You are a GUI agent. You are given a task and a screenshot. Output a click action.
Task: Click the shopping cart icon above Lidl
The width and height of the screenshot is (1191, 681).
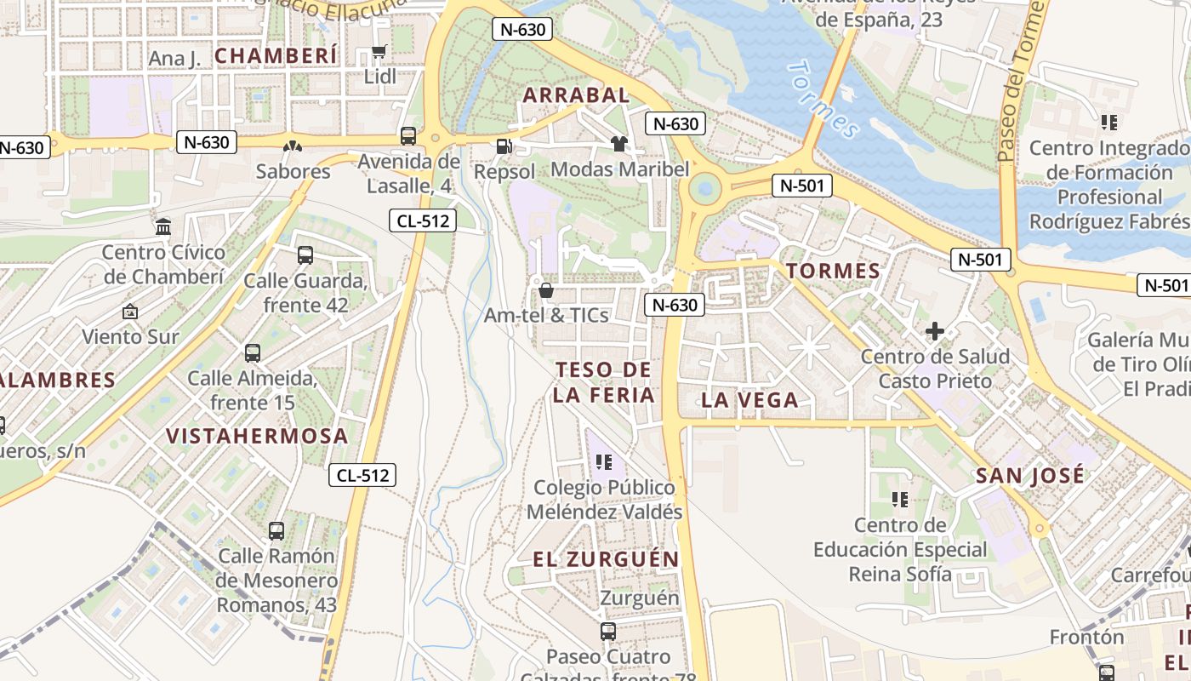click(379, 53)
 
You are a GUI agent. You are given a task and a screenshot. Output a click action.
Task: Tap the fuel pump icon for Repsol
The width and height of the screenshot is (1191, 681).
click(504, 146)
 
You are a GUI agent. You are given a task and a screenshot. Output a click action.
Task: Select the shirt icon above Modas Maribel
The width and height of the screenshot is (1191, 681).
click(618, 144)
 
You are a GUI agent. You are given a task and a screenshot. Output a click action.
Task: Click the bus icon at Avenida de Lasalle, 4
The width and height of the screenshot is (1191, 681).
click(408, 136)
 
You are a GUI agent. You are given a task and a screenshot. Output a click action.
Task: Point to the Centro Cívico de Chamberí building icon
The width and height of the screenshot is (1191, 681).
click(163, 227)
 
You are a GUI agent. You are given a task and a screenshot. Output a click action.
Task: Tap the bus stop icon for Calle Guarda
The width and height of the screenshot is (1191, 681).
click(305, 255)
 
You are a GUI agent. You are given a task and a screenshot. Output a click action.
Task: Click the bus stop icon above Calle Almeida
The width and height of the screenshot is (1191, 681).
click(252, 352)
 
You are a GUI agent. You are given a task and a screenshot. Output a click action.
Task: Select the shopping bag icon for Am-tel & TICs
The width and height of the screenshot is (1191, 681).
click(545, 290)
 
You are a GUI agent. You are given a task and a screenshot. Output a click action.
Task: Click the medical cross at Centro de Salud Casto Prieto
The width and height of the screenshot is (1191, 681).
click(935, 330)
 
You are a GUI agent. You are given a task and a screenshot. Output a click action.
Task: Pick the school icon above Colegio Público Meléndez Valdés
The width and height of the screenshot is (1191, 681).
click(604, 462)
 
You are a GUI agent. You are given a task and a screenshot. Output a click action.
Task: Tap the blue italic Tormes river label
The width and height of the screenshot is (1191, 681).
click(823, 99)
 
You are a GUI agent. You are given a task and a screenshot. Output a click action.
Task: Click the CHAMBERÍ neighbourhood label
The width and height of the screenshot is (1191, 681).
click(276, 56)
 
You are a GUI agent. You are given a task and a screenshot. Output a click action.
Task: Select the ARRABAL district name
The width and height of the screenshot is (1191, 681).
click(576, 94)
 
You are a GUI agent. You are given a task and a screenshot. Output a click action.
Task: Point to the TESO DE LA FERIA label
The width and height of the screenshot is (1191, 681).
click(603, 382)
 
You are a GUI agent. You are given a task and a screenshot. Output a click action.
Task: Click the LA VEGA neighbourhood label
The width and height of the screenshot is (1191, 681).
click(749, 400)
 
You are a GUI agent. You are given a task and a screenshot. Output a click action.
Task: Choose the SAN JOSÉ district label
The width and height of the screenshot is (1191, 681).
click(1030, 475)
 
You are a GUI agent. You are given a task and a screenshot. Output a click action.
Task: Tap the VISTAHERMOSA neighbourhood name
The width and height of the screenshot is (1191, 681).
click(257, 436)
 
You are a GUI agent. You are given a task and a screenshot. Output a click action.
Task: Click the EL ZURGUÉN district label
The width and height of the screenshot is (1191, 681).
click(606, 559)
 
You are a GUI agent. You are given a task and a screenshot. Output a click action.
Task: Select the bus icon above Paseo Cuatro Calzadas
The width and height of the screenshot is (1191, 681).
click(607, 631)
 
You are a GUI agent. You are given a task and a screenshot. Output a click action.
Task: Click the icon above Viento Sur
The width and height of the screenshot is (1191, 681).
click(130, 312)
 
